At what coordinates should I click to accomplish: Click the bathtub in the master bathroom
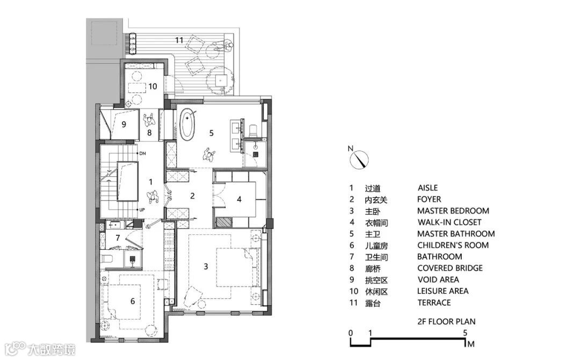(x=188, y=125)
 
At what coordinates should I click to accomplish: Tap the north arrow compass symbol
(x=359, y=159)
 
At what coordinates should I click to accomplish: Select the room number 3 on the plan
(x=206, y=265)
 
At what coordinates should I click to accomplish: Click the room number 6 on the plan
(x=132, y=301)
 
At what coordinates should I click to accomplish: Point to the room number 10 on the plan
(x=153, y=85)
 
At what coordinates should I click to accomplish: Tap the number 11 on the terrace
(x=179, y=40)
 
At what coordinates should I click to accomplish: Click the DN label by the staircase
(x=142, y=154)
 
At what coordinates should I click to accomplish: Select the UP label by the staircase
(x=142, y=210)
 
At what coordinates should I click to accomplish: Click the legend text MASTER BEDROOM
(x=453, y=211)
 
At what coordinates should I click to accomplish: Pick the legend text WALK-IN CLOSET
(x=449, y=222)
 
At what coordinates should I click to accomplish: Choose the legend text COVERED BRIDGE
(x=450, y=268)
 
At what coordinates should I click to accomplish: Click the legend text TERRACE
(x=434, y=303)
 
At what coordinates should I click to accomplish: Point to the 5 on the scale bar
(x=465, y=333)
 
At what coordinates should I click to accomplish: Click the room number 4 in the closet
(x=239, y=199)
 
